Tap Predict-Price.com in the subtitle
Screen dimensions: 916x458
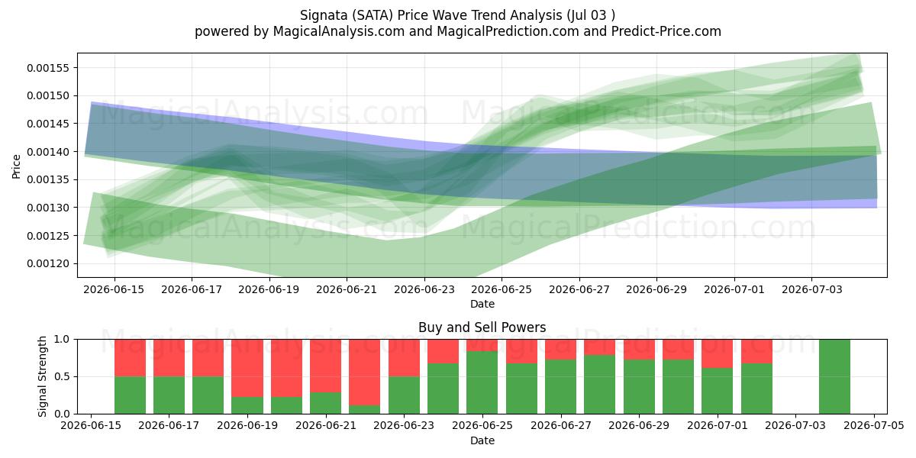click(x=666, y=31)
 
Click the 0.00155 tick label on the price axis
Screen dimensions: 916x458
click(x=48, y=68)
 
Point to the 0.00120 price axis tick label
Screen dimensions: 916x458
click(x=48, y=264)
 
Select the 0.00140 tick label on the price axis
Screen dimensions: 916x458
click(x=48, y=152)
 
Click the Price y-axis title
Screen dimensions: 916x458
click(x=16, y=166)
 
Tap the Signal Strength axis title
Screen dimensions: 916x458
click(x=42, y=376)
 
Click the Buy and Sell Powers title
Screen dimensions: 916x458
click(x=482, y=327)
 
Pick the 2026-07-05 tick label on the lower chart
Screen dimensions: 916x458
click(x=874, y=426)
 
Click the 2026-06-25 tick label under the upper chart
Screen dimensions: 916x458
click(x=502, y=289)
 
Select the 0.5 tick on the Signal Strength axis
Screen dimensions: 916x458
click(x=62, y=376)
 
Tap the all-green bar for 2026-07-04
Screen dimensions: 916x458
click(x=834, y=376)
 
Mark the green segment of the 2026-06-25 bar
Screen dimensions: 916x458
click(x=482, y=382)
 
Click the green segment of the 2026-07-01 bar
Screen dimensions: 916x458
click(x=718, y=391)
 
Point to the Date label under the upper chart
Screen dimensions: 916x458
click(x=482, y=305)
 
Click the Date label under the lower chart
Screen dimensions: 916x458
click(x=482, y=441)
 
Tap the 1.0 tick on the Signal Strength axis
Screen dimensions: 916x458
click(x=62, y=340)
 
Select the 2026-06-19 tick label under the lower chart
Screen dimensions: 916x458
click(x=247, y=426)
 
